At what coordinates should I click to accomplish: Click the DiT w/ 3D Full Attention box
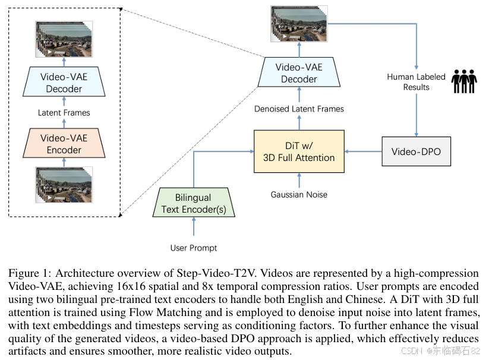(299, 151)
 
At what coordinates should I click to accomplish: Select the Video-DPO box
(416, 152)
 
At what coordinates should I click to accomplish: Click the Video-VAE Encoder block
(64, 144)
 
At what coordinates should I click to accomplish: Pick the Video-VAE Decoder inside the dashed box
(64, 83)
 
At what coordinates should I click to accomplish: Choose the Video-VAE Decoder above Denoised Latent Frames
(299, 73)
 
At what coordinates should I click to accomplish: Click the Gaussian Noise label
(299, 194)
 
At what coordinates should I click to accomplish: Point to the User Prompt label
(194, 248)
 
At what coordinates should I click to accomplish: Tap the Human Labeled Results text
(416, 81)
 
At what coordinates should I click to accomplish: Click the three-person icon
(464, 81)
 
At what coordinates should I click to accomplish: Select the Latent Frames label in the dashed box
(64, 112)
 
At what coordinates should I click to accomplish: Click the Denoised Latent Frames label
(299, 109)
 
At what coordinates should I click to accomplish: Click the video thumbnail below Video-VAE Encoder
(64, 184)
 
